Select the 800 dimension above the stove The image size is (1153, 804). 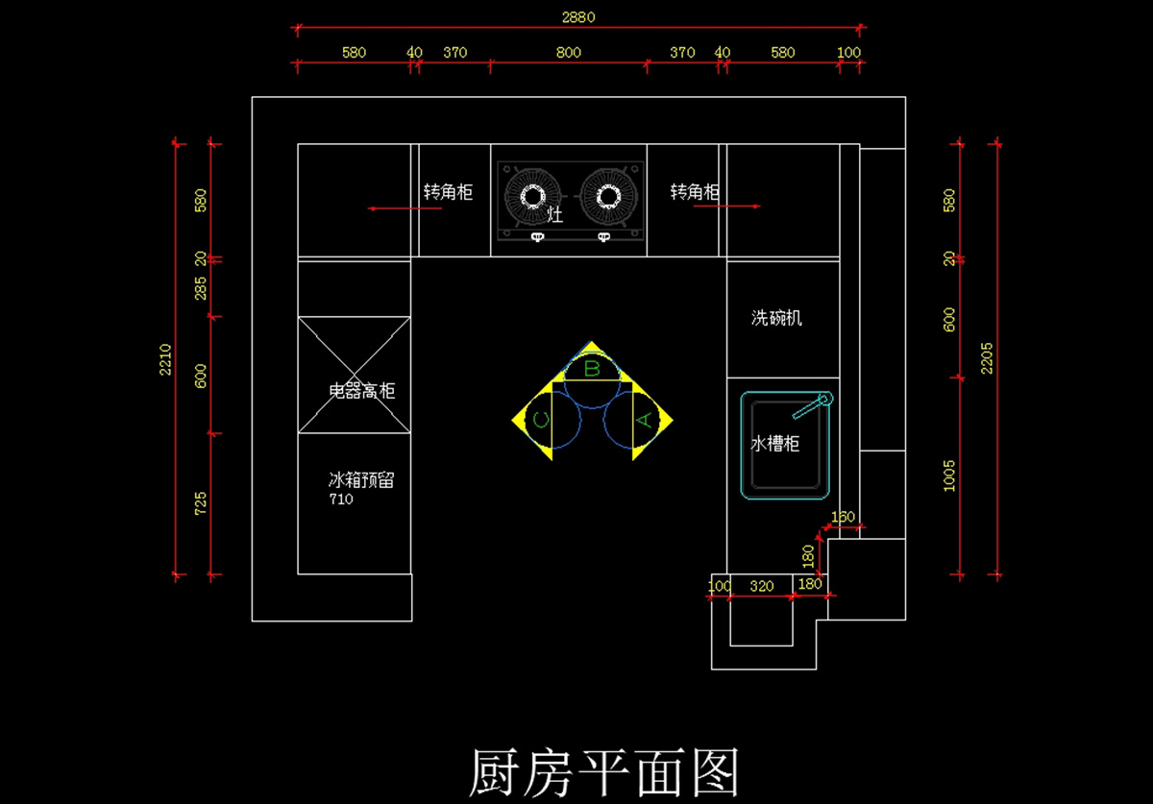[569, 53]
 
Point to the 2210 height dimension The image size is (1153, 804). [165, 358]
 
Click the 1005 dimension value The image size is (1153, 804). [949, 475]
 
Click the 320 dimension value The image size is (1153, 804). [761, 586]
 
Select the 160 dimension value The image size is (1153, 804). [842, 517]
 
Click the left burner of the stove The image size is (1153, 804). [532, 197]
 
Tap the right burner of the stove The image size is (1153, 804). [607, 197]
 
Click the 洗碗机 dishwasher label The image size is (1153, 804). [776, 318]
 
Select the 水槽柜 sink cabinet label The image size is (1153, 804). [774, 444]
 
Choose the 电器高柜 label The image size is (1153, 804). [361, 391]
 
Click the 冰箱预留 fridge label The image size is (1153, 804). [361, 479]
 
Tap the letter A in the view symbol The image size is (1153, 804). [645, 420]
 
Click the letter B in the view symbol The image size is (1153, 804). [592, 368]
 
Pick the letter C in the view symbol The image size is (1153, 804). [541, 420]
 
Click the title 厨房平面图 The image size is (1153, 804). [603, 771]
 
